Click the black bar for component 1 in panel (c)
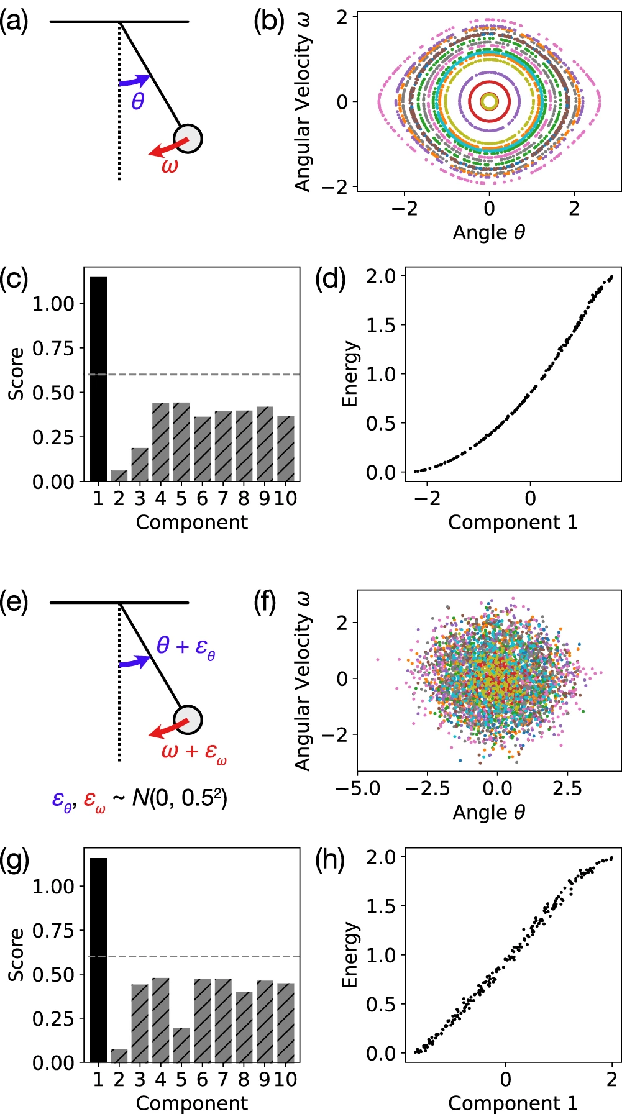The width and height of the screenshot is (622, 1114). [x=98, y=379]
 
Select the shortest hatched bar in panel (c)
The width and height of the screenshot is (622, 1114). [x=119, y=475]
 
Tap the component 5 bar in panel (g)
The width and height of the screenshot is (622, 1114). [x=181, y=1044]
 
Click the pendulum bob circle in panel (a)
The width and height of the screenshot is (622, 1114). [x=188, y=138]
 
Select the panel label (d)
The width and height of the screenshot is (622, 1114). [x=330, y=280]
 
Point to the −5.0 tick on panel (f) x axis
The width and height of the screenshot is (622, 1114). [x=358, y=788]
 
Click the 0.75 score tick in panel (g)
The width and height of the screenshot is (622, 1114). [x=53, y=930]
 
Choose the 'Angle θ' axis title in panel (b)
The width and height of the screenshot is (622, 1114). [x=489, y=232]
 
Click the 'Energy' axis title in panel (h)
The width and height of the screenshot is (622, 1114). [x=350, y=954]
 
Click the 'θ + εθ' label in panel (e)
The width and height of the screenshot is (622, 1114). [x=185, y=646]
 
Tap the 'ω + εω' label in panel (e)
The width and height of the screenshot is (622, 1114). [x=193, y=752]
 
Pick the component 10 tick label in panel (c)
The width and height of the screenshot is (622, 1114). [x=285, y=498]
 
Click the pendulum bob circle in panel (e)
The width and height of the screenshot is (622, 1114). [x=188, y=720]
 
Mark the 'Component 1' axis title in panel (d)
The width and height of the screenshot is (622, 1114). [x=513, y=523]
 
